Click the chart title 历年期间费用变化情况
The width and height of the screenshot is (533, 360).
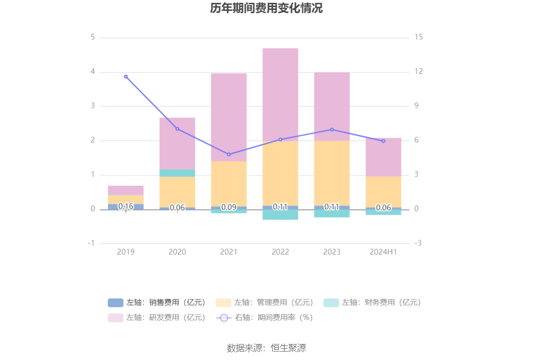[266, 8]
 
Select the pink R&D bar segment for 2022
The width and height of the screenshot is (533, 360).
[280, 94]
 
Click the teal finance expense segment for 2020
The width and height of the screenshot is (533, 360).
[177, 172]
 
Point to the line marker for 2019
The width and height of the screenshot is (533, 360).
[125, 77]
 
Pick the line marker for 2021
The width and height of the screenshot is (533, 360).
[229, 154]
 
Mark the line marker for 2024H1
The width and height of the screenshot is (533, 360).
[384, 141]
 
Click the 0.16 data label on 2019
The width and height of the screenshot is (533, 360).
[125, 206]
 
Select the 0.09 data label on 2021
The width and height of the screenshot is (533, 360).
[229, 207]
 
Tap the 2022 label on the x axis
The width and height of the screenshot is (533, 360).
[280, 252]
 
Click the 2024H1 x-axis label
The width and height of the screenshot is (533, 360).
[384, 252]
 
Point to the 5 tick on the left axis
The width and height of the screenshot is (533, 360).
[93, 38]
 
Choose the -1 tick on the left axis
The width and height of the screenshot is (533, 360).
[91, 243]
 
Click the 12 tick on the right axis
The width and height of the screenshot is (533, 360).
[418, 72]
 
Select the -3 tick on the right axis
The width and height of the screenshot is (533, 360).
[418, 243]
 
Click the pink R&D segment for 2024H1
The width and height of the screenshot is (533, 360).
[384, 157]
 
